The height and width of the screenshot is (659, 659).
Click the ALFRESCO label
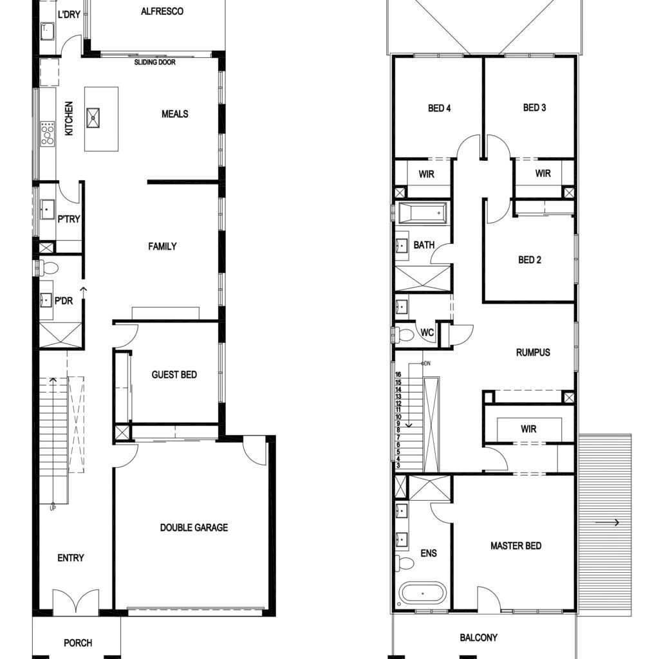(162, 12)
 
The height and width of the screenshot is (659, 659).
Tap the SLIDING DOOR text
(154, 62)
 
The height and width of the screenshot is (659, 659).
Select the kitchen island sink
(93, 118)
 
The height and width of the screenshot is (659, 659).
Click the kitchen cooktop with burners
(47, 134)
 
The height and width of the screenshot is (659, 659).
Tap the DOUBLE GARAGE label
(194, 528)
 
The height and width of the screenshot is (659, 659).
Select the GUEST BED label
(174, 375)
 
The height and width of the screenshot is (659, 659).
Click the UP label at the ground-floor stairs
(53, 508)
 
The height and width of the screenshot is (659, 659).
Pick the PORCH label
(78, 643)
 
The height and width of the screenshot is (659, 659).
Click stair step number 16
(398, 374)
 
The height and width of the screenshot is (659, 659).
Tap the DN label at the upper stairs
(427, 364)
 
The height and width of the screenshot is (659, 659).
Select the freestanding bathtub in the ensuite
(422, 593)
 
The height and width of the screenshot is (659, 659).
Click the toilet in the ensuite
(405, 562)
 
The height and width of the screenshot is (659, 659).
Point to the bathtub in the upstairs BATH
(423, 213)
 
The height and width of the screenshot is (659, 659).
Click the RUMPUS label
(533, 352)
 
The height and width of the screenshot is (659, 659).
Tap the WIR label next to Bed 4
(426, 174)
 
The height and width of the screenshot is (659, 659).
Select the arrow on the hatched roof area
(608, 523)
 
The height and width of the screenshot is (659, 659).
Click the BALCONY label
(478, 638)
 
